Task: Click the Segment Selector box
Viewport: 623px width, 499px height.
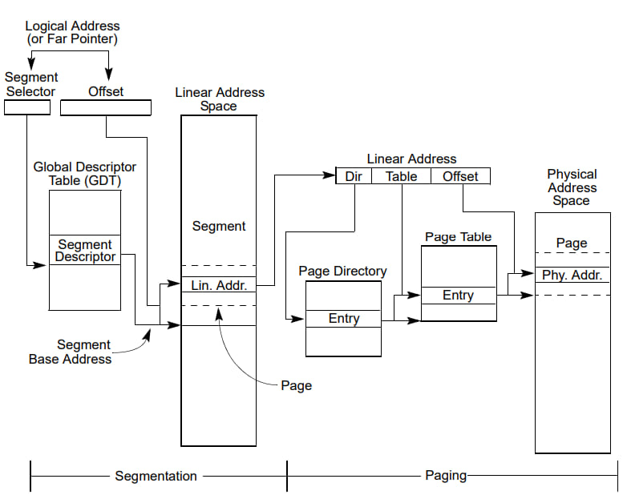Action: (x=27, y=107)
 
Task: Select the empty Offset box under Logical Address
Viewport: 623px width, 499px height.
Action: (x=106, y=107)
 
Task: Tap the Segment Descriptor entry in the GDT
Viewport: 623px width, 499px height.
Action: (x=85, y=251)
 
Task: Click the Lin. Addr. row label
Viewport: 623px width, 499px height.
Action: (x=219, y=285)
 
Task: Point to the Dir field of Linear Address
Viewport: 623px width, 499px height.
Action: (x=354, y=176)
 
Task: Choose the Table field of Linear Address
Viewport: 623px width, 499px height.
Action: (x=401, y=176)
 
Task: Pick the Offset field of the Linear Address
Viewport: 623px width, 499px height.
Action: (x=460, y=176)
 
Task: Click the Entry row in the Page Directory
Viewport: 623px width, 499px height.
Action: (x=344, y=319)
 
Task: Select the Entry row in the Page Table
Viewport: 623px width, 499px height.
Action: (x=458, y=296)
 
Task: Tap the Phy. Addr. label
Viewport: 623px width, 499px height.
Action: (x=572, y=276)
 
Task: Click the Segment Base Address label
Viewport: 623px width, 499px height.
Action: (x=71, y=352)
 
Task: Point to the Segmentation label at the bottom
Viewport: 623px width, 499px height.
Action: (x=156, y=476)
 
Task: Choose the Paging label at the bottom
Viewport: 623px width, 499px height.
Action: (x=445, y=476)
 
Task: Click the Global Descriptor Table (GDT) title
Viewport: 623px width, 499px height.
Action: (x=85, y=174)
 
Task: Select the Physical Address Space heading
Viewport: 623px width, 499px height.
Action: (x=572, y=187)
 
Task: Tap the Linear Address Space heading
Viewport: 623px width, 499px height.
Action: (x=219, y=99)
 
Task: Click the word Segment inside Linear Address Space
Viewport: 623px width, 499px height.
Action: (x=219, y=227)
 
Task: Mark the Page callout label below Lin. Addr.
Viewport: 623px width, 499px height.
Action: (x=296, y=385)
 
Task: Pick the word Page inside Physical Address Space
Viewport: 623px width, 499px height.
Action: (x=572, y=243)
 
